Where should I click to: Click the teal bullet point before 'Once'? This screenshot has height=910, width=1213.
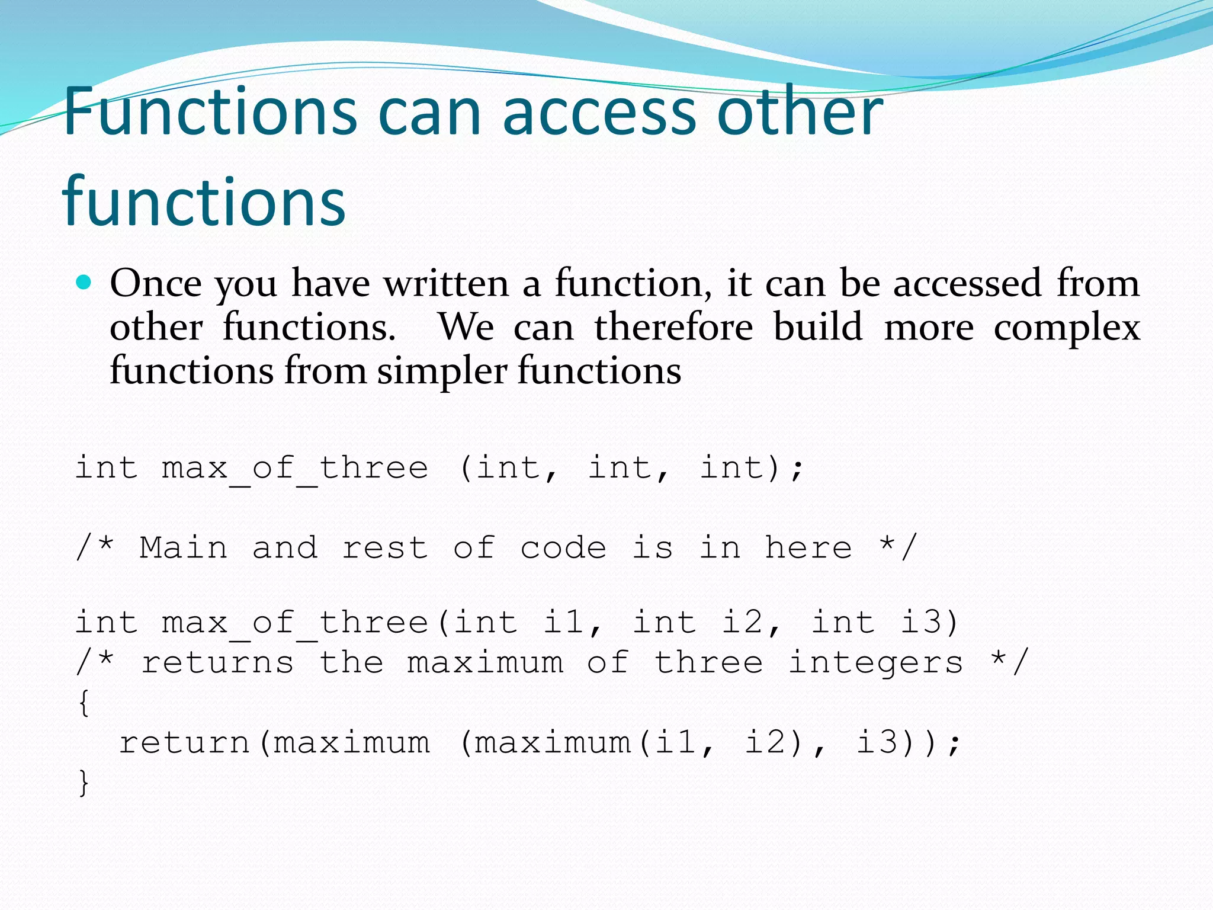tap(84, 283)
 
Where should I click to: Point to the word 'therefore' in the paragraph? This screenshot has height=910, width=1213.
tap(673, 327)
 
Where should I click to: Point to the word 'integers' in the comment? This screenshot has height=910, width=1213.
tap(876, 662)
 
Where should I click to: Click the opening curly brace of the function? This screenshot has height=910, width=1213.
tap(84, 703)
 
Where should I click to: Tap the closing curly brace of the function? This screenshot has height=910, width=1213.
tap(84, 783)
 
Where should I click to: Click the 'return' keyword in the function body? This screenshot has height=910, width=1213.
tap(184, 742)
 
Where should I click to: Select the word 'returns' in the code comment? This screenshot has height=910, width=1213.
tap(217, 662)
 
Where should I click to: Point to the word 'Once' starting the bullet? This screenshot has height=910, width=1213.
tap(156, 283)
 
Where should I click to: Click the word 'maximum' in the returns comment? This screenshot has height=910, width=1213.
tap(485, 662)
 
